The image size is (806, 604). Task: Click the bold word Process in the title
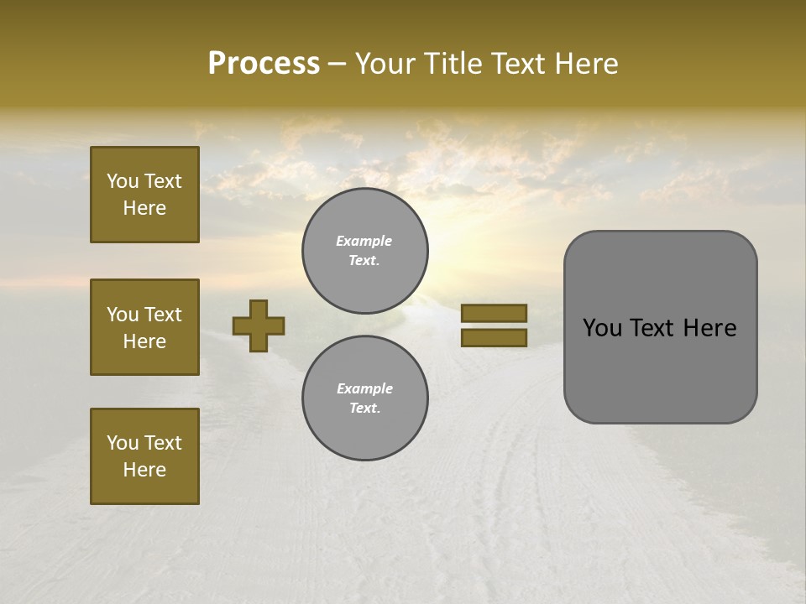point(264,64)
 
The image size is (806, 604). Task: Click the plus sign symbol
point(259,325)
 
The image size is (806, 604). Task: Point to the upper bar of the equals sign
point(494,313)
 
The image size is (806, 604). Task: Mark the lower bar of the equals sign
point(494,337)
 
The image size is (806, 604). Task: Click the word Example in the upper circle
point(364,241)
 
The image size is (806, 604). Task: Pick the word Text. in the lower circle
point(365,408)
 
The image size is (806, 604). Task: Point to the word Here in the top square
point(144,208)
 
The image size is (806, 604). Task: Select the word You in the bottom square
point(122,442)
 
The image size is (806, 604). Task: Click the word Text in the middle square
point(161,315)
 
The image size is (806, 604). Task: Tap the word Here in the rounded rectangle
point(710,328)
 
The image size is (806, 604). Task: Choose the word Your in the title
point(385,64)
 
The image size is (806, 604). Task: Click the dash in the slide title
point(337,65)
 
